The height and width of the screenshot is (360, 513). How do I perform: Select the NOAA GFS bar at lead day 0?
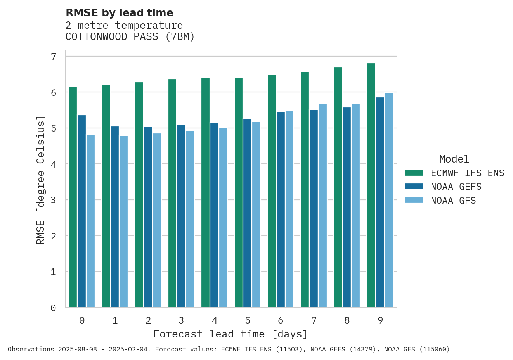point(90,221)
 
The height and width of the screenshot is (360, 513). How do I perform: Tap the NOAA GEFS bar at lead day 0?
point(81,211)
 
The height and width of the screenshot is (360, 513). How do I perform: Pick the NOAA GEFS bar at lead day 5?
point(247,213)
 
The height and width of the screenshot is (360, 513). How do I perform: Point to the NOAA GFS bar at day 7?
point(322,206)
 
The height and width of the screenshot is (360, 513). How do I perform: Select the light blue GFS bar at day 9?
point(389,200)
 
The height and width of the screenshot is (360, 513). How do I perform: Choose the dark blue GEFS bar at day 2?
point(148,217)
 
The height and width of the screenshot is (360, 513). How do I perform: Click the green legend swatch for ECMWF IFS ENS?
point(414,173)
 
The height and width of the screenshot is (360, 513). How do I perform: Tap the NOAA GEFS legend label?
point(456,187)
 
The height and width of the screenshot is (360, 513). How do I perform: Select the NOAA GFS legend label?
point(453,201)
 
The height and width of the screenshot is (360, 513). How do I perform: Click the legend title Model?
point(454,159)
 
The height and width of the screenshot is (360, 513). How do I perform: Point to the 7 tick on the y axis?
point(54,57)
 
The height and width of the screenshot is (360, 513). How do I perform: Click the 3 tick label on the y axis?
point(54,200)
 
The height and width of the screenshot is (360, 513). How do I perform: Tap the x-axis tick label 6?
point(281,320)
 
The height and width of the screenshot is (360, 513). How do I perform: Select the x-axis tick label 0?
point(82,320)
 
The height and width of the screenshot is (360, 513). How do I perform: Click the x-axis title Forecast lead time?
point(231,334)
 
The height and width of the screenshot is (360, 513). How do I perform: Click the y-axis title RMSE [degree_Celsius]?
point(41,180)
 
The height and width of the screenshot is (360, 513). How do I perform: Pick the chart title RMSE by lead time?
point(120,13)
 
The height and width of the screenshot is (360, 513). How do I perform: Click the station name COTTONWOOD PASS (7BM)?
point(130,37)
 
